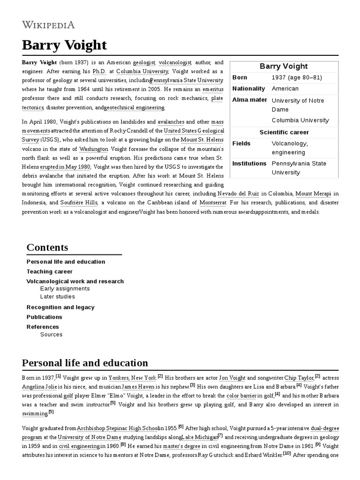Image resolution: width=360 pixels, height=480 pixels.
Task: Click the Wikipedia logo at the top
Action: pyautogui.click(x=48, y=25)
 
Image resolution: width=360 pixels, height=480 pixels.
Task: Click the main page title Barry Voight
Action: pyautogui.click(x=64, y=45)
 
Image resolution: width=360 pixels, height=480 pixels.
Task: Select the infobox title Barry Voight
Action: pyautogui.click(x=284, y=66)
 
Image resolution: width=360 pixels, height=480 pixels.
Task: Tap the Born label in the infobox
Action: pyautogui.click(x=240, y=77)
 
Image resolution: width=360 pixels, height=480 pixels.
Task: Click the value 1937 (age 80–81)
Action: pyautogui.click(x=297, y=77)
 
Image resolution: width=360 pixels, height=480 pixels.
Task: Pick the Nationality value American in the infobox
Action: pyautogui.click(x=285, y=89)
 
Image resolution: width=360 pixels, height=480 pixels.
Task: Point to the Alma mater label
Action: pyautogui.click(x=250, y=100)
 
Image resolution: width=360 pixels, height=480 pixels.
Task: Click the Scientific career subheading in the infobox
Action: pyautogui.click(x=284, y=132)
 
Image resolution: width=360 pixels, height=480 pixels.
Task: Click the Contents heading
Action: pyautogui.click(x=47, y=247)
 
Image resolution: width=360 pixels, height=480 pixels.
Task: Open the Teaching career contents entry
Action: pyautogui.click(x=50, y=271)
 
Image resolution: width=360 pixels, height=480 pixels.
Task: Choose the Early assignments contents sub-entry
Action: pyautogui.click(x=65, y=289)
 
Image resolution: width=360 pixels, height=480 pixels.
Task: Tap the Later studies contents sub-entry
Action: pyautogui.click(x=58, y=297)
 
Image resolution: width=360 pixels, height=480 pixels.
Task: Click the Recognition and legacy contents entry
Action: pyautogui.click(x=60, y=307)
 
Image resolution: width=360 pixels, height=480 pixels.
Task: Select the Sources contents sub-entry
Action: pyautogui.click(x=51, y=335)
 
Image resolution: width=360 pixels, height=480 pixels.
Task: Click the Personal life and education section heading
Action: pyautogui.click(x=85, y=363)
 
